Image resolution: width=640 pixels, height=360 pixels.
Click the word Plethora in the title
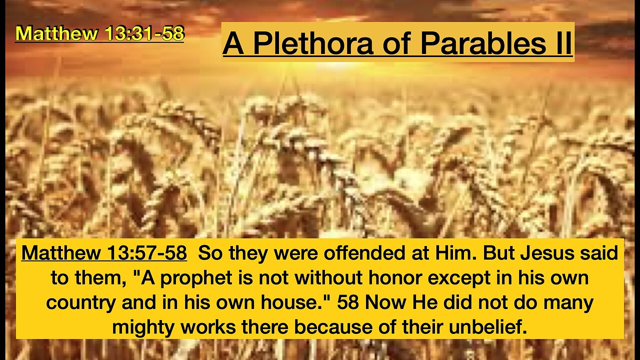[313, 43]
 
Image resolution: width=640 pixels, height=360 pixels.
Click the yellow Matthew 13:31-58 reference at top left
[99, 33]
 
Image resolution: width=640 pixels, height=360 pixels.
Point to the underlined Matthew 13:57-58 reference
[104, 253]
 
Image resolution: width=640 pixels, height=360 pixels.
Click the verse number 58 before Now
[348, 303]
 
